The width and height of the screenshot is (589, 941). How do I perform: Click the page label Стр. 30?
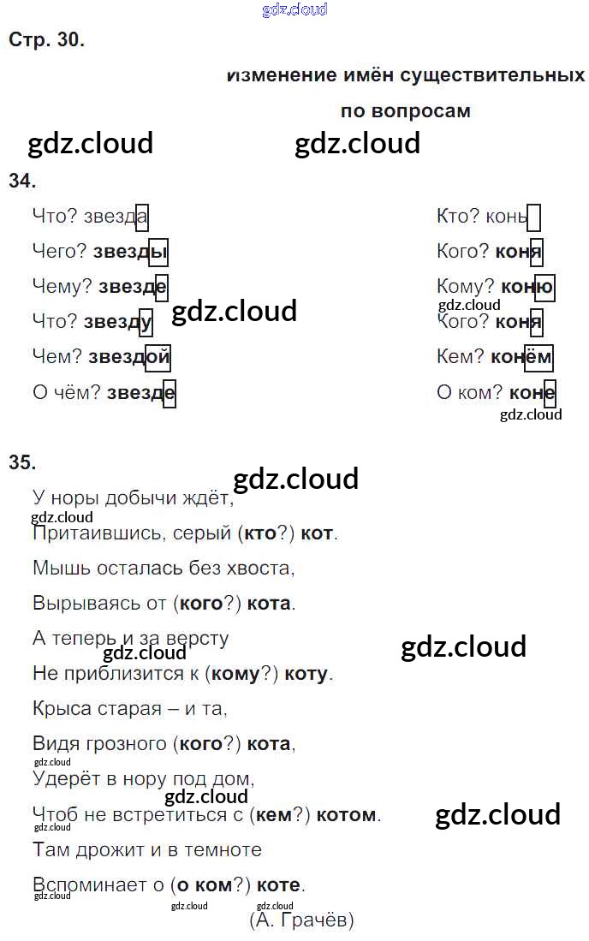pyautogui.click(x=46, y=39)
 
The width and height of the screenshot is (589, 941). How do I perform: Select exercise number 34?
pyautogui.click(x=22, y=180)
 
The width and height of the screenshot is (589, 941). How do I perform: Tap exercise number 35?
pyautogui.click(x=22, y=462)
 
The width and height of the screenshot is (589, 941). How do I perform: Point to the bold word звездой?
pyautogui.click(x=134, y=357)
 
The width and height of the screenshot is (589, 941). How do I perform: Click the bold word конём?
pyautogui.click(x=521, y=357)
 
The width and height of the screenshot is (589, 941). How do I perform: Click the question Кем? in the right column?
pyautogui.click(x=461, y=357)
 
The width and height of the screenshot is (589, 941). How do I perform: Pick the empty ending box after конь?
pyautogui.click(x=534, y=217)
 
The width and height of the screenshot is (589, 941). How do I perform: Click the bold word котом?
pyautogui.click(x=346, y=814)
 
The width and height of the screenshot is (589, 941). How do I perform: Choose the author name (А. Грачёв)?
pyautogui.click(x=301, y=920)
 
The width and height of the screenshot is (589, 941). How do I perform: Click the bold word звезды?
pyautogui.click(x=130, y=252)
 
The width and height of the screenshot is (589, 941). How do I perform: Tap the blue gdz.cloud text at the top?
pyautogui.click(x=294, y=10)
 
